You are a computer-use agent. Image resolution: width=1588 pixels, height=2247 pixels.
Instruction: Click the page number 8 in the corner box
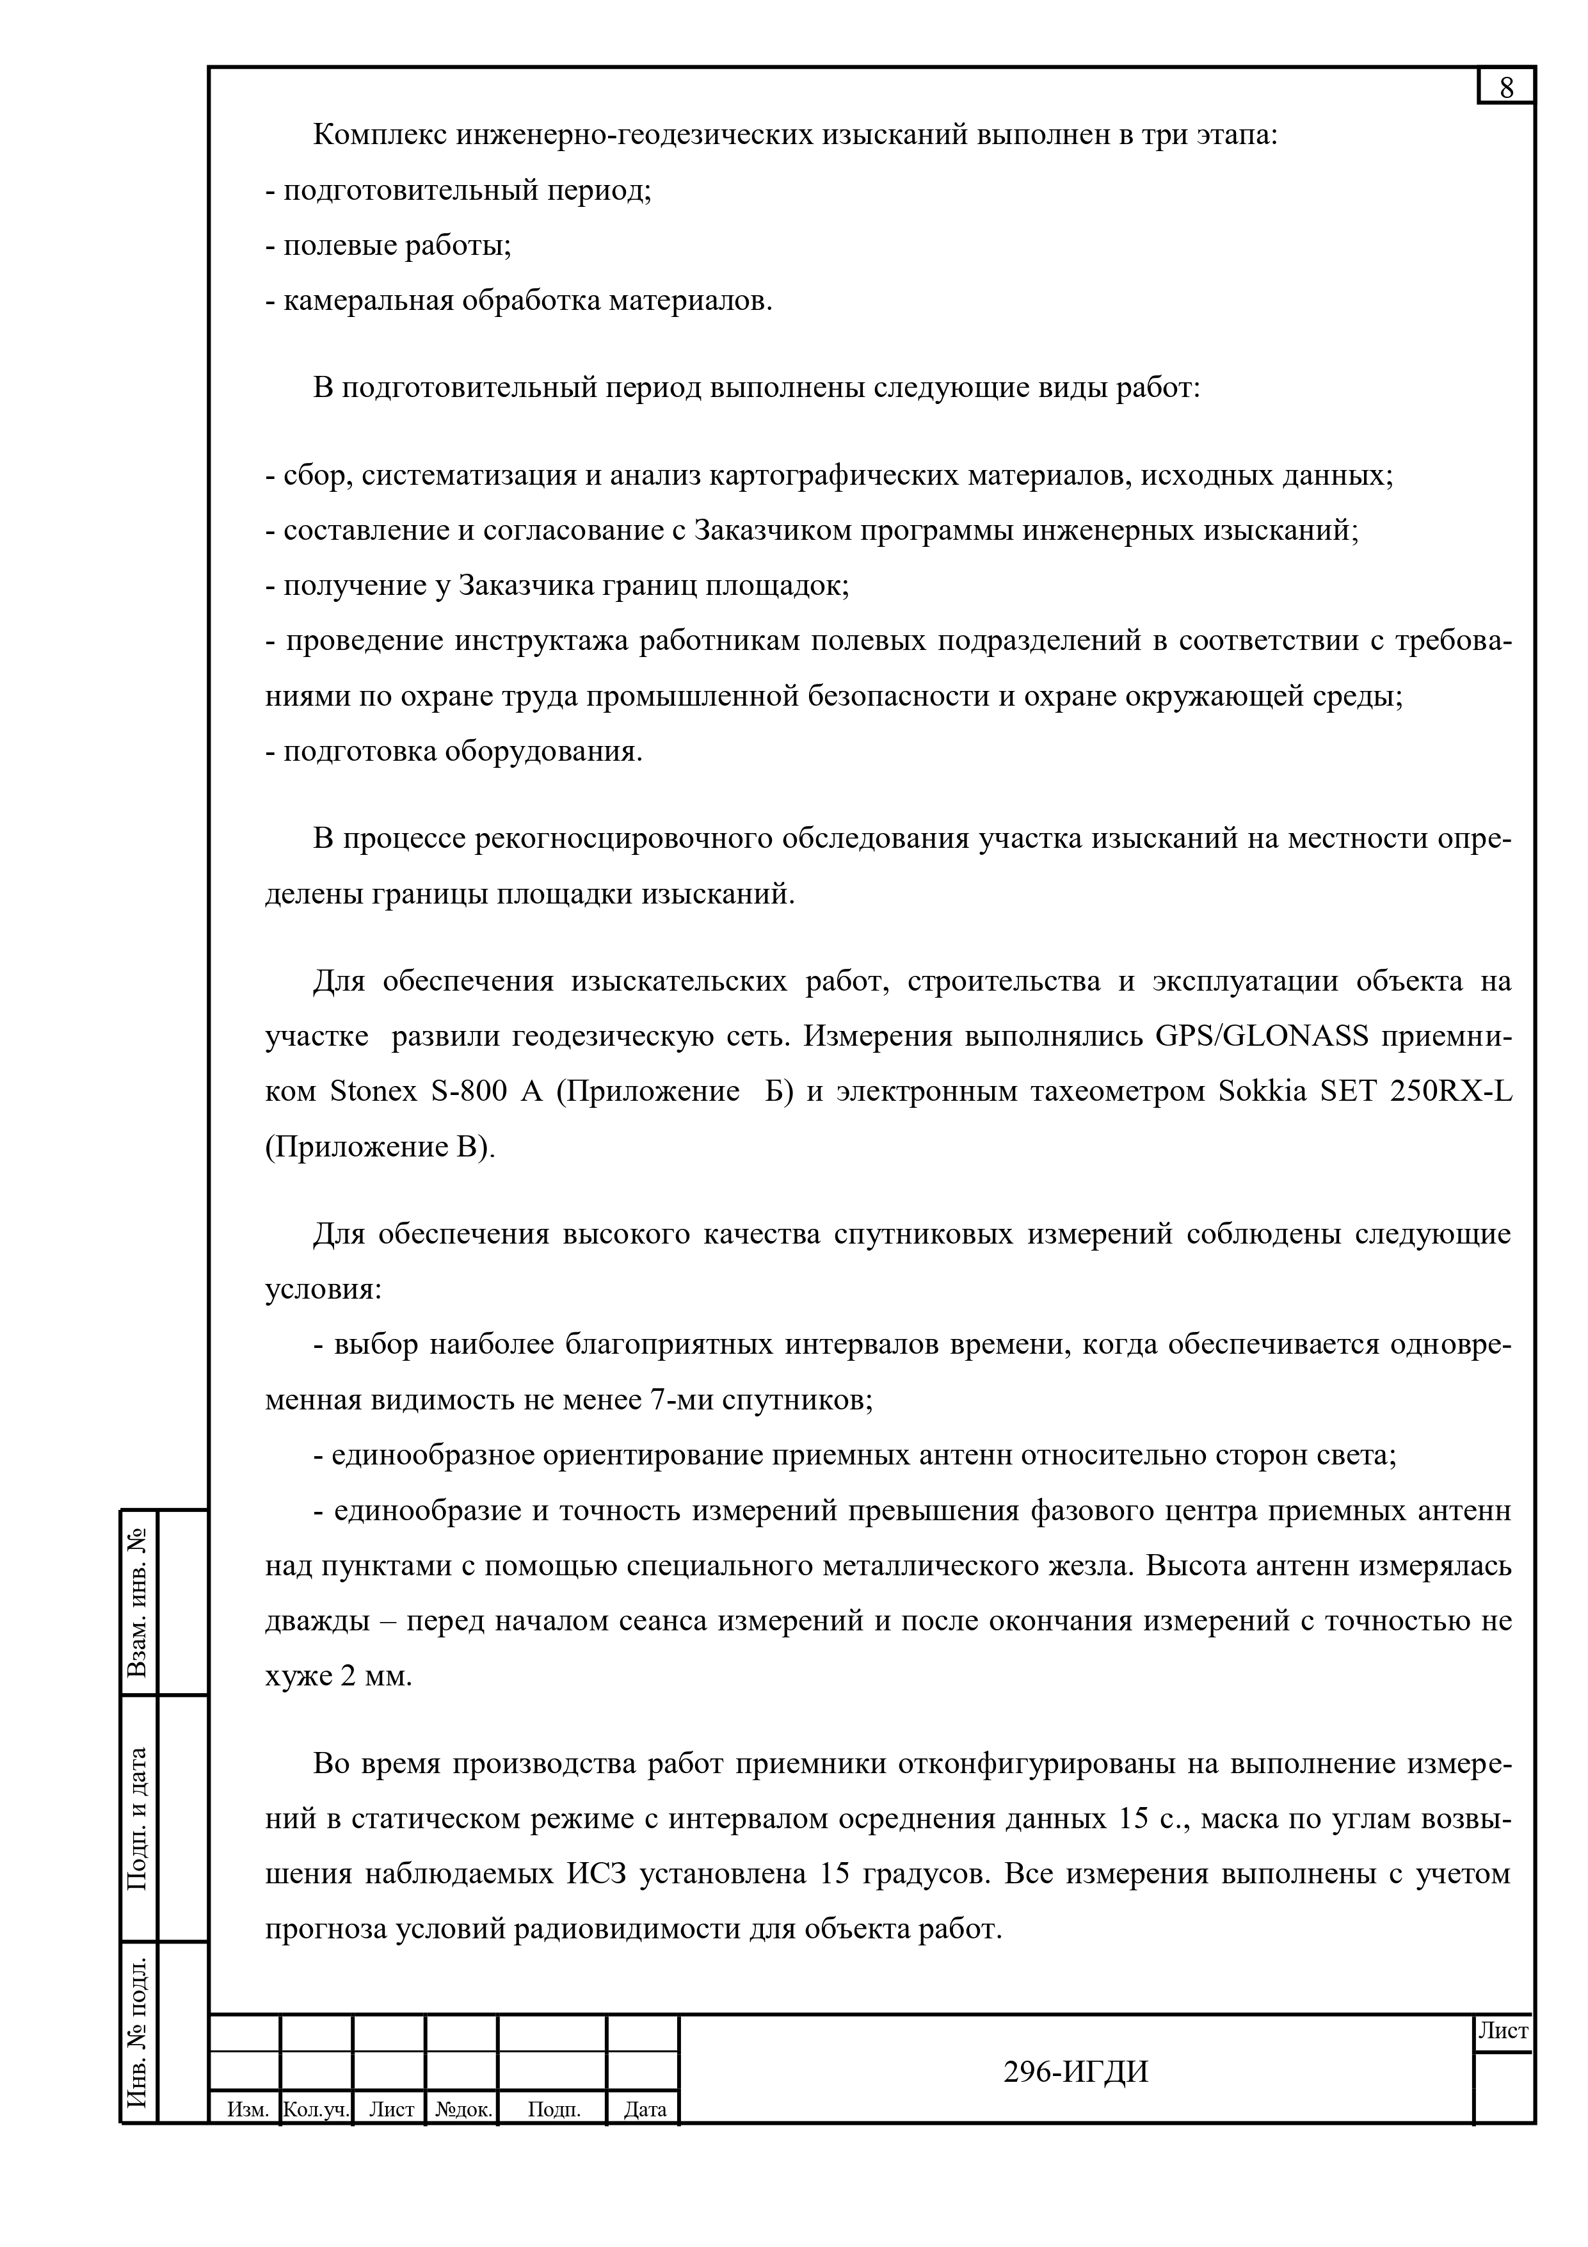coord(1506,88)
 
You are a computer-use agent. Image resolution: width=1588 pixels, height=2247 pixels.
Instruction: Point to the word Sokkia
coord(1262,1091)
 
